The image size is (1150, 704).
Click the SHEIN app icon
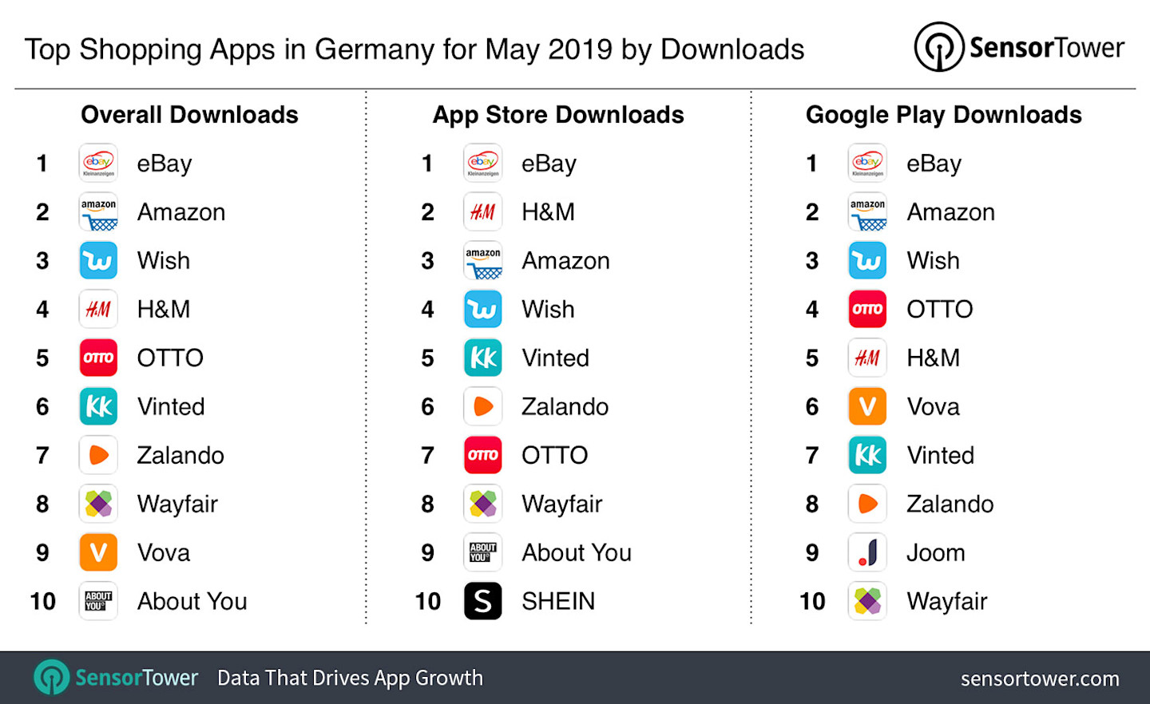click(x=483, y=601)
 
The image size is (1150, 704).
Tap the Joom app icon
click(x=867, y=552)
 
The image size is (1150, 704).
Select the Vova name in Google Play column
click(x=933, y=407)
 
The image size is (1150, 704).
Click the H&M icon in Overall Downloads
click(x=98, y=310)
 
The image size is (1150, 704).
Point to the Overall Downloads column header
click(x=189, y=115)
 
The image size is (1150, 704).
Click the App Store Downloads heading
click(x=558, y=115)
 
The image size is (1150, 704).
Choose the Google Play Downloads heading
click(x=943, y=115)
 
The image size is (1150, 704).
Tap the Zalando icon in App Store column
click(x=483, y=407)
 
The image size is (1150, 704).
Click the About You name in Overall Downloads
click(x=192, y=601)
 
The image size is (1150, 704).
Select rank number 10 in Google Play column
click(x=812, y=601)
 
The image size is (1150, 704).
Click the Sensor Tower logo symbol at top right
click(x=939, y=47)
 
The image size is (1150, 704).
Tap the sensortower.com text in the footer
click(x=1040, y=678)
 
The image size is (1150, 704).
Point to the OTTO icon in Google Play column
click(x=867, y=310)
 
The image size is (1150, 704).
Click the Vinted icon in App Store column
click(x=483, y=358)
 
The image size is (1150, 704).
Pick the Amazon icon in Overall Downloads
click(x=98, y=212)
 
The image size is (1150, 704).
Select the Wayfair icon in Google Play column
click(x=867, y=601)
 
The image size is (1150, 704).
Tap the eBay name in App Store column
click(x=549, y=164)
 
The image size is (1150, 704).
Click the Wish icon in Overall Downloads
click(x=98, y=261)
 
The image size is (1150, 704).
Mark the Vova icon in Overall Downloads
click(x=98, y=552)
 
